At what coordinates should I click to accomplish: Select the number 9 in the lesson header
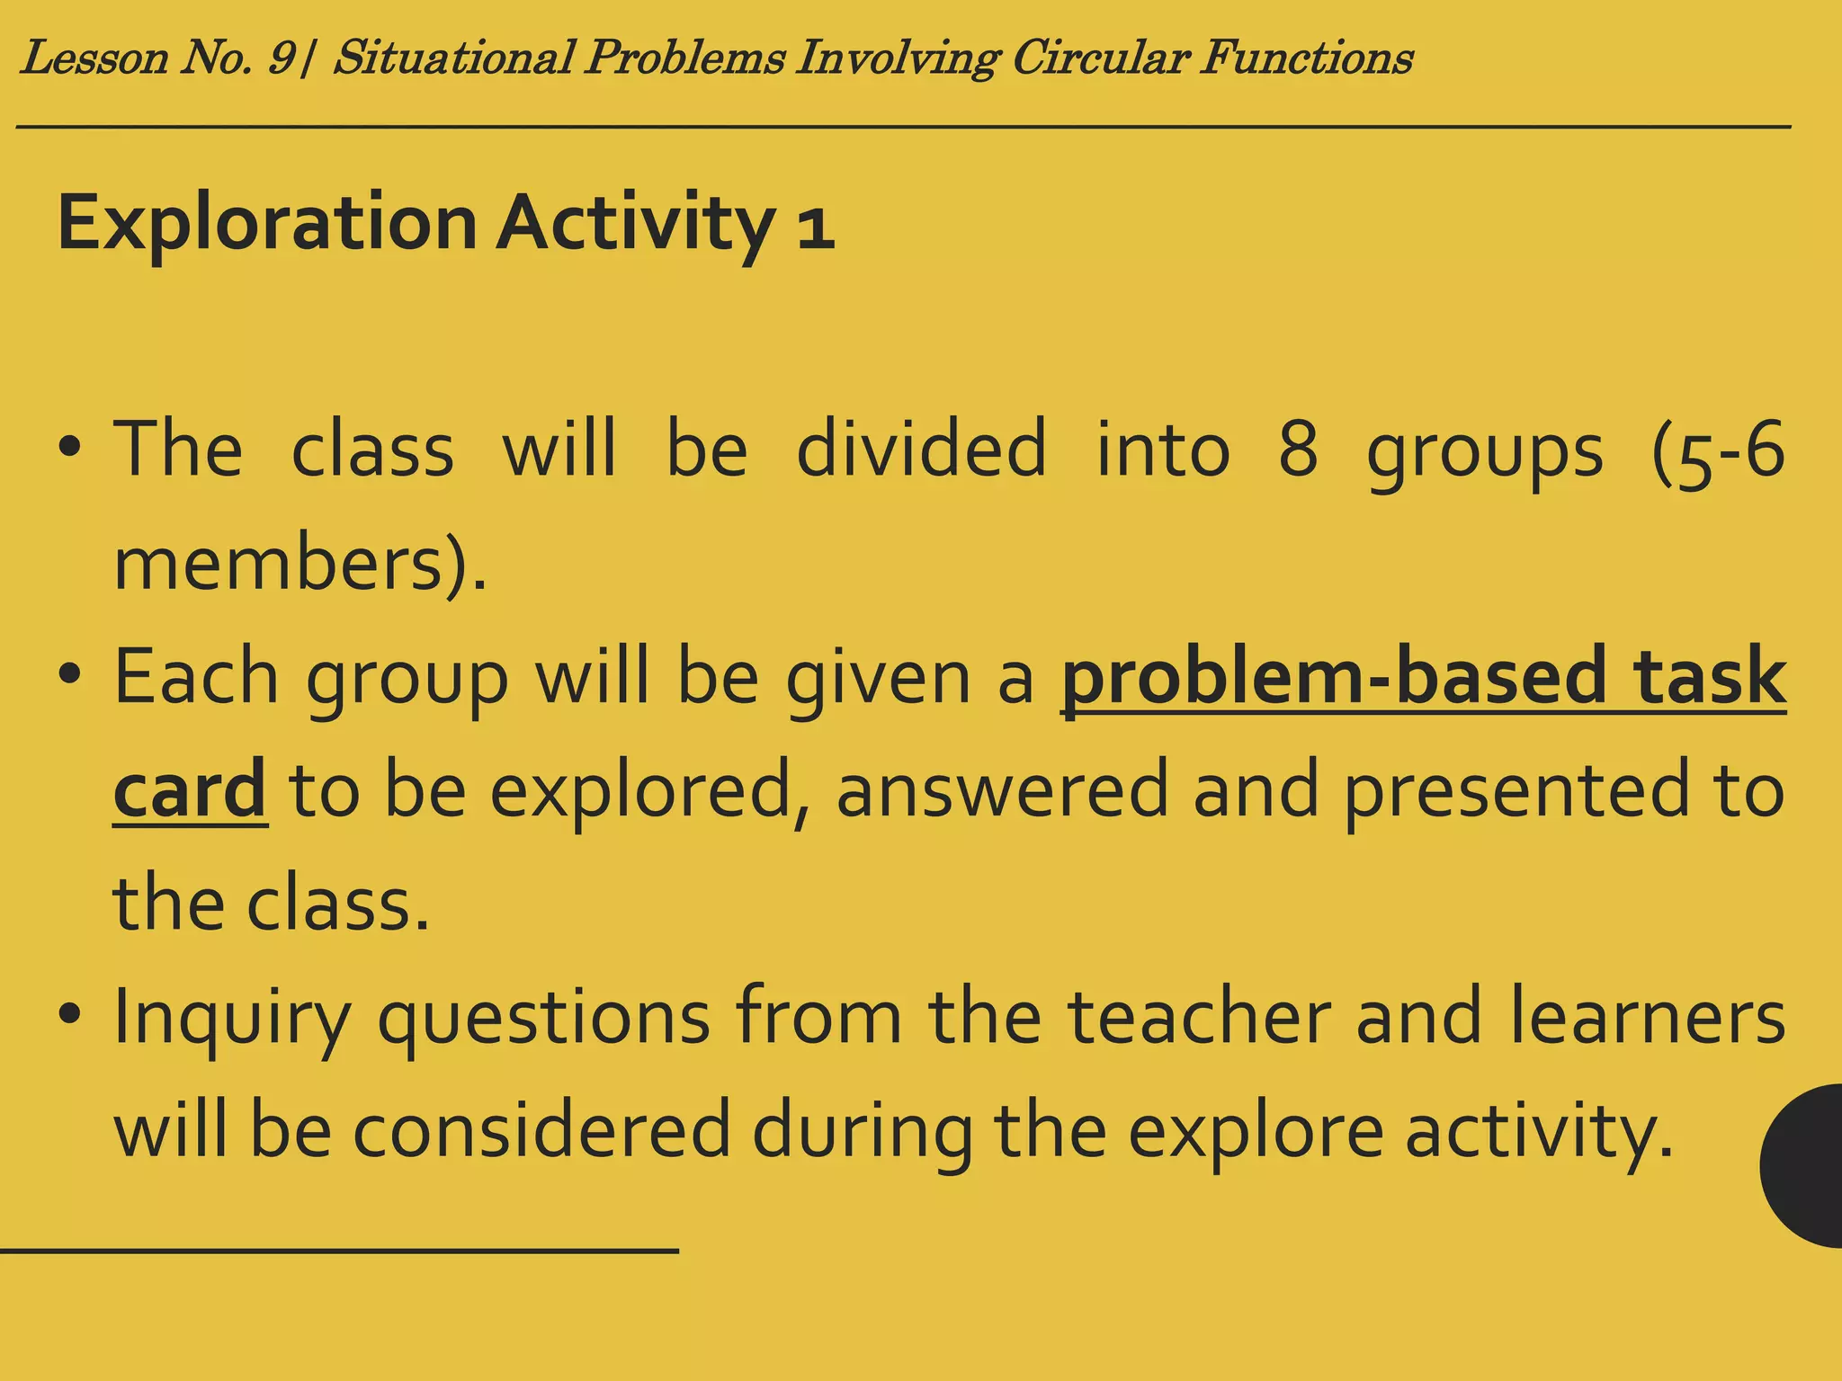click(281, 58)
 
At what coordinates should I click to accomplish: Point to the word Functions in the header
click(1306, 58)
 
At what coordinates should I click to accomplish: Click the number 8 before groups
click(1298, 450)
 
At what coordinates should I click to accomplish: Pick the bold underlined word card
click(190, 789)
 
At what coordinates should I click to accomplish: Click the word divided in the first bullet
click(921, 450)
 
